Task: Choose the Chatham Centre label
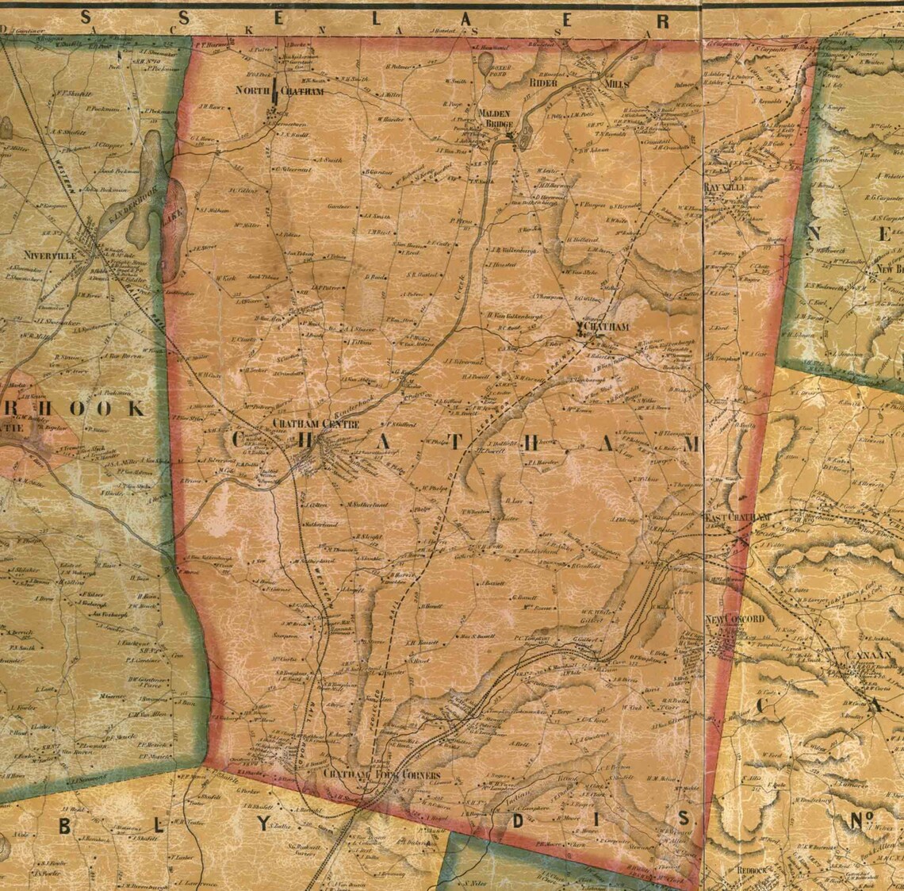coord(316,424)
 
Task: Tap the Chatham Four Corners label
coord(381,774)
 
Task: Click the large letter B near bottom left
coord(65,825)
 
